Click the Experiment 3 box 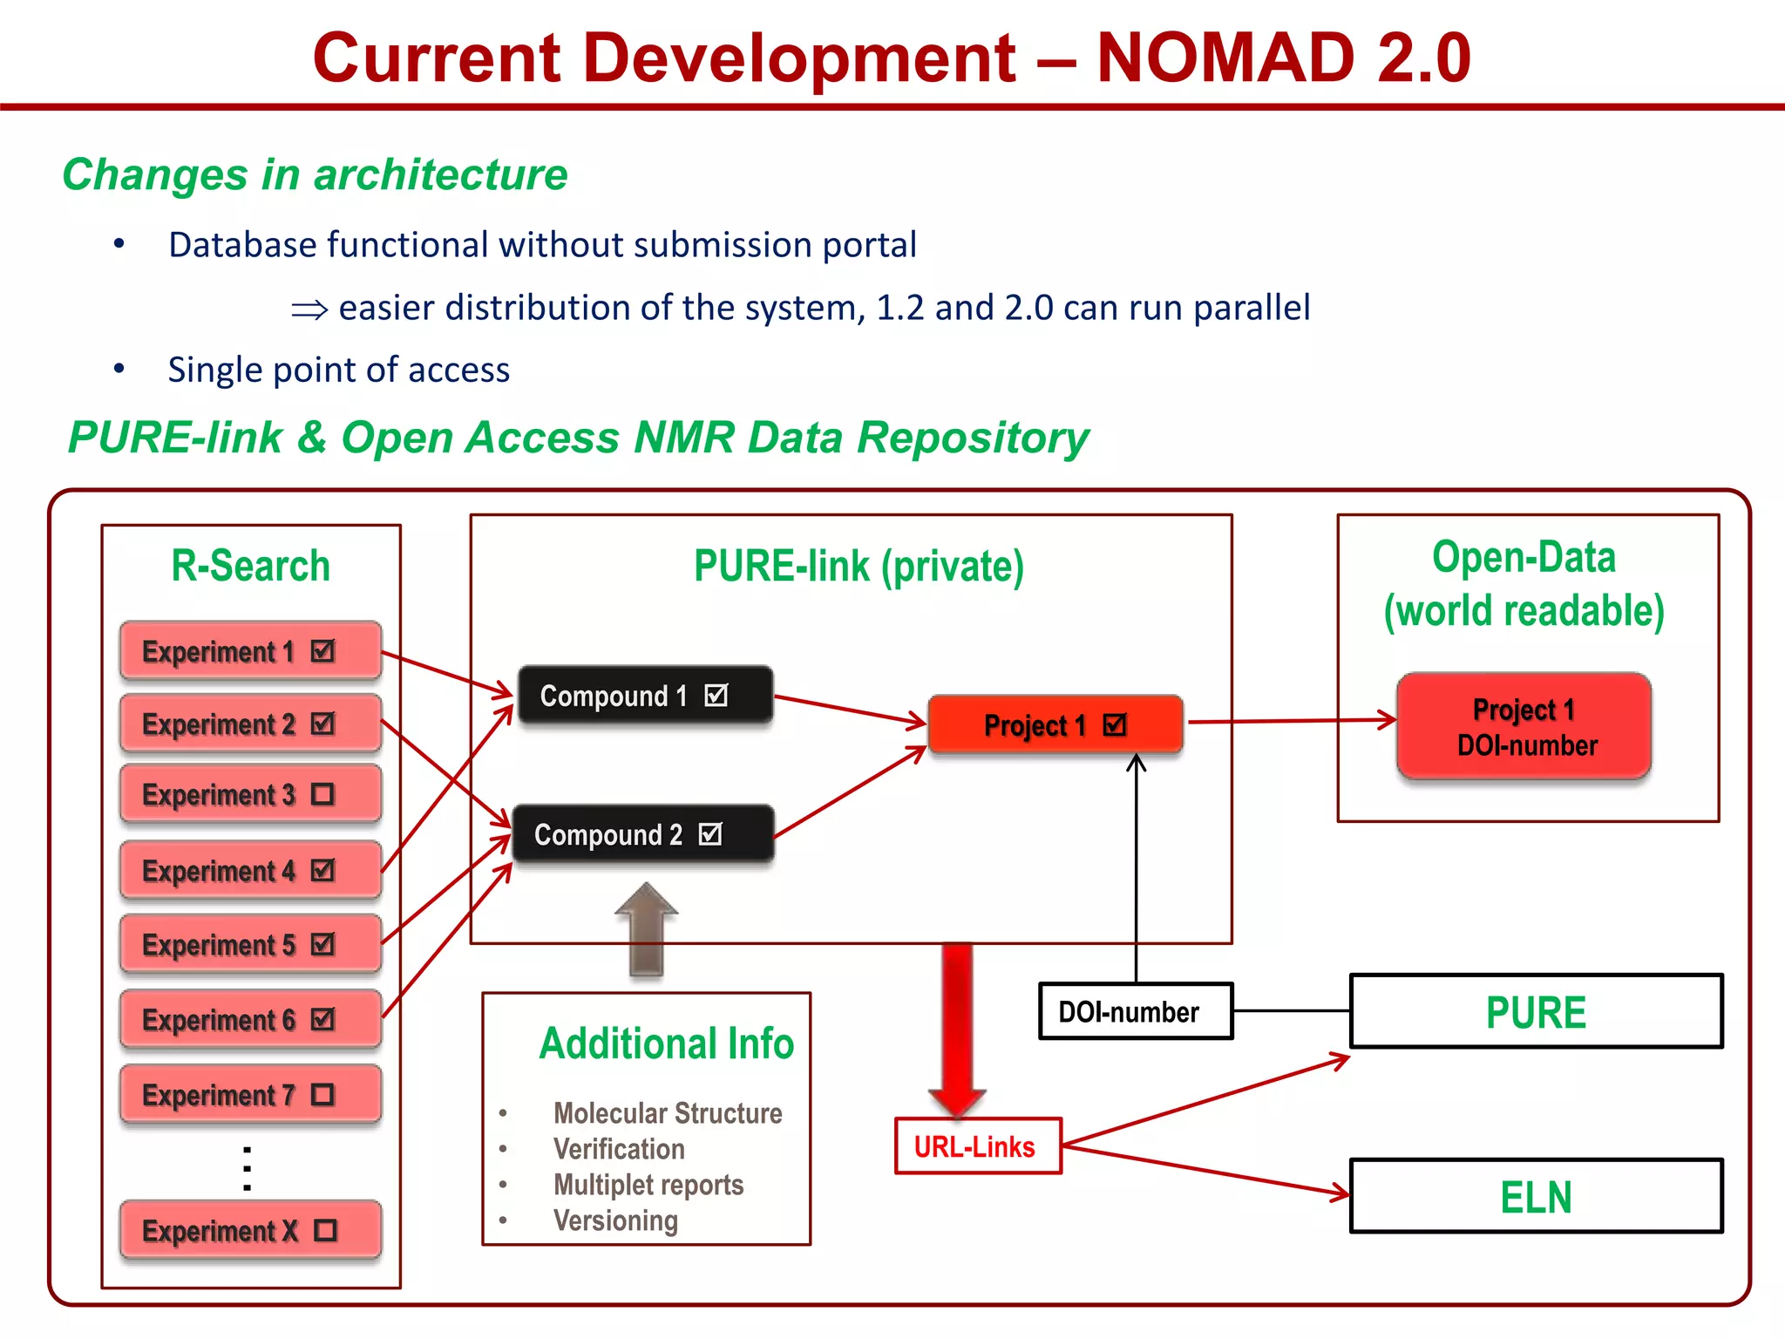click(250, 794)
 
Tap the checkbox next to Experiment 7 click(322, 1094)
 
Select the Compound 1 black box click(645, 695)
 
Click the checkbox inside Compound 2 click(711, 834)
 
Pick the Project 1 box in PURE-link click(1055, 724)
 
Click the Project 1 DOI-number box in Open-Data click(1524, 726)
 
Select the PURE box click(1536, 1011)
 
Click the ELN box click(1536, 1196)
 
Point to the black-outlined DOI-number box click(1135, 1011)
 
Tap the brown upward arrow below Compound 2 click(646, 929)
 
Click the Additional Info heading click(666, 1043)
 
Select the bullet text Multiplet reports click(648, 1185)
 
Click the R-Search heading click(250, 566)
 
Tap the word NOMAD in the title click(1225, 58)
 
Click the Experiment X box click(250, 1230)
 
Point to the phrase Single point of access click(338, 370)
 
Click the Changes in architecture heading click(315, 174)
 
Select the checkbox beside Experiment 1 click(322, 650)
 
